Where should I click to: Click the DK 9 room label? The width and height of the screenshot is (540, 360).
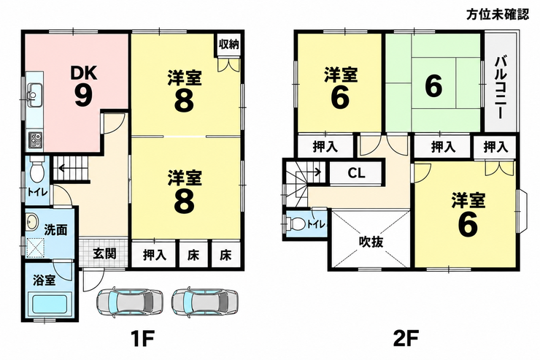84,86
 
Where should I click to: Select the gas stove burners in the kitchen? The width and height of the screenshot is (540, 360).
35,140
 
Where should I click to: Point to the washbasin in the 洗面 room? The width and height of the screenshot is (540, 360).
32,222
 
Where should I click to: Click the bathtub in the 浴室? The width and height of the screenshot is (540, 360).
50,303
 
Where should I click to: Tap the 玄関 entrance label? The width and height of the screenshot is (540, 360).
104,254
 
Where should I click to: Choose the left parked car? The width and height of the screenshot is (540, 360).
129,302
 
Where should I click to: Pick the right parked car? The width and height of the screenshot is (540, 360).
205,302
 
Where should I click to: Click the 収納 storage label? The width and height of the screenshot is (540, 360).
228,45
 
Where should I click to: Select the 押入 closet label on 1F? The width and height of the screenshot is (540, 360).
155,255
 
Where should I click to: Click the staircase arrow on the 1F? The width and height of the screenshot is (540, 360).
74,169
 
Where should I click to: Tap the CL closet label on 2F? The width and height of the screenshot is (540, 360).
356,173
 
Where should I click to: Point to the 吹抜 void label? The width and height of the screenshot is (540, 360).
371,242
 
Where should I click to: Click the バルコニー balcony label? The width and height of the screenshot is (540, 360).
500,88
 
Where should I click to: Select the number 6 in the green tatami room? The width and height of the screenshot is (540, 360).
433,86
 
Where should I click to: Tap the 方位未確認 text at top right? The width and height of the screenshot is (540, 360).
497,15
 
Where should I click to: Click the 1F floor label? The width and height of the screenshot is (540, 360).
142,339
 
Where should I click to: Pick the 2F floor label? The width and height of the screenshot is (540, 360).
406,339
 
